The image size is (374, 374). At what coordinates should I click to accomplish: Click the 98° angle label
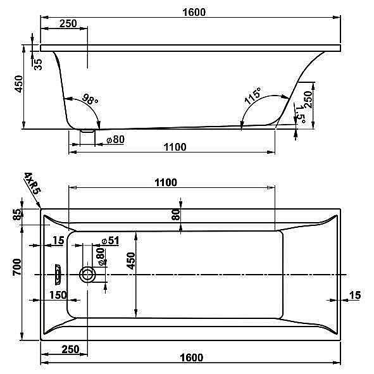coord(90,99)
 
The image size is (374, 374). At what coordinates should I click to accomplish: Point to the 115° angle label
coord(253,96)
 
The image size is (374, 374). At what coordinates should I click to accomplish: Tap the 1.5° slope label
coord(301,115)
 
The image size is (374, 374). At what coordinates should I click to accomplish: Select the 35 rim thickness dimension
coord(38,65)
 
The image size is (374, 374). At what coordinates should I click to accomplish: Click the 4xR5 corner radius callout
coord(33,183)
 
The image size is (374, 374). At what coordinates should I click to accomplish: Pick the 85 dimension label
coord(17,215)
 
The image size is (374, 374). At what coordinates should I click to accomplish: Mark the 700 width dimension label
coord(17,267)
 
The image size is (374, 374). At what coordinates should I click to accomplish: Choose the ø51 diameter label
coord(110,240)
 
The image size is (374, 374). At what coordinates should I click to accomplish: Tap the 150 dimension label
coord(58,295)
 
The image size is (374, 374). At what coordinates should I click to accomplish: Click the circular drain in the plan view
coord(87,275)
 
